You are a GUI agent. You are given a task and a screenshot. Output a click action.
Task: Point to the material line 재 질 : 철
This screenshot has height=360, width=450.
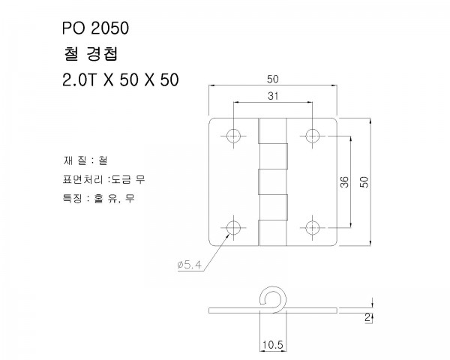(85, 160)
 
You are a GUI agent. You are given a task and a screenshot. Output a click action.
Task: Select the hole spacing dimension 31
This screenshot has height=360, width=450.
(272, 95)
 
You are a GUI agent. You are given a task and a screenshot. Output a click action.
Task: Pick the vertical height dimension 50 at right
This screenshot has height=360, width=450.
(365, 181)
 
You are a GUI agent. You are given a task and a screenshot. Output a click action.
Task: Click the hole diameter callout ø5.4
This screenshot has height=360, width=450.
(187, 264)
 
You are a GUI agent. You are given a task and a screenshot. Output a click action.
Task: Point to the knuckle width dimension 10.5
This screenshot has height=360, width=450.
(272, 344)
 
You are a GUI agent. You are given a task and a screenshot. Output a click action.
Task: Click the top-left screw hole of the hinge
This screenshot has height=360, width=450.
(234, 136)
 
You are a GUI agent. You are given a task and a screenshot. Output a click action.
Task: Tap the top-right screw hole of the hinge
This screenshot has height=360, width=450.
(311, 136)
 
